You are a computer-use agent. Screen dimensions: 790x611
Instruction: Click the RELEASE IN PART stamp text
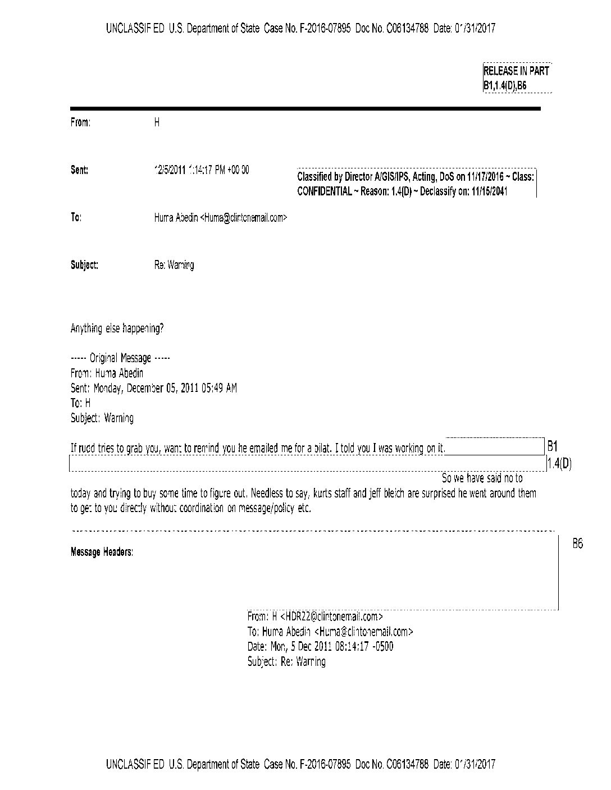pos(516,71)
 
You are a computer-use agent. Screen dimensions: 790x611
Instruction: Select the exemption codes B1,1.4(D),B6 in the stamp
pos(505,86)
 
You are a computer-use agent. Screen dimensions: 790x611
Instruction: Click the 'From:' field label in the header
pos(80,122)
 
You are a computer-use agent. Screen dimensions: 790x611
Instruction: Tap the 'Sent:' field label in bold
pos(79,170)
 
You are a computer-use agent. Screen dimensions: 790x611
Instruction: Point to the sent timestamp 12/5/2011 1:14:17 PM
pos(202,170)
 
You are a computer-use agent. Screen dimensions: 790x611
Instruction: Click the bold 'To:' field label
pos(76,218)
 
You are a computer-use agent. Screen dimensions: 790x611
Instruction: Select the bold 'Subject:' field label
pos(84,265)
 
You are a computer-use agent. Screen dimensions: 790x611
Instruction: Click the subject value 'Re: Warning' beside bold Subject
pos(174,265)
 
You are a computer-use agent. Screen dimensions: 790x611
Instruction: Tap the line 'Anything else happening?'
pos(117,328)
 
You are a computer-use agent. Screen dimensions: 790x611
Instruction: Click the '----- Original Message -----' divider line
pos(120,358)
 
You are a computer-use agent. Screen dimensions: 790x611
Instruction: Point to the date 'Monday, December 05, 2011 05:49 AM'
pos(165,388)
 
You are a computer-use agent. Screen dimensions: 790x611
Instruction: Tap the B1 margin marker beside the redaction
pos(552,447)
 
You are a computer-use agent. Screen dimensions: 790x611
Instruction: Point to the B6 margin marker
pos(577,544)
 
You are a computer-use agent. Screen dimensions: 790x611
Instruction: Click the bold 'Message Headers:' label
pos(102,552)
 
